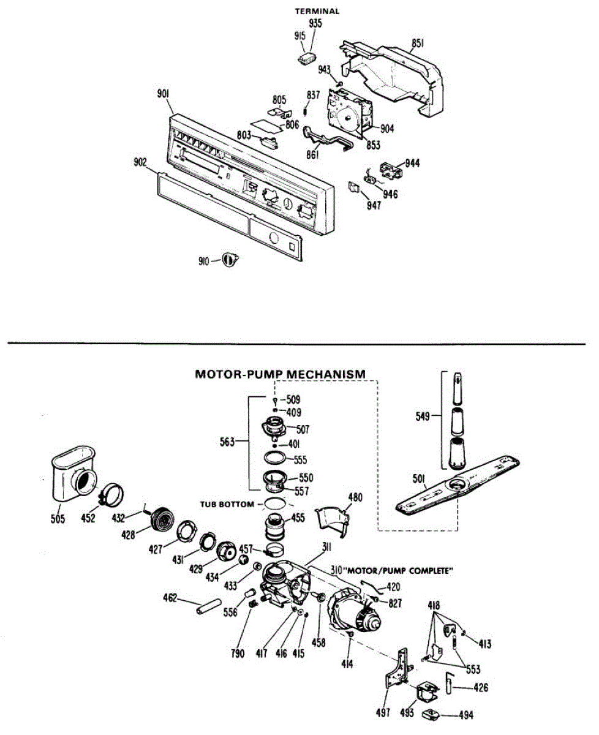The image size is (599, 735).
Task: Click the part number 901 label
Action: (x=163, y=94)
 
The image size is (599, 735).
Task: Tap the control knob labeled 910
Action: (x=230, y=260)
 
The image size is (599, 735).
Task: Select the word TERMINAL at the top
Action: (x=317, y=11)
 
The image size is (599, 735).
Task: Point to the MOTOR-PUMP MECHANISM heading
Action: (x=280, y=374)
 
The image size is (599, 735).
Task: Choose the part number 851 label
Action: (x=418, y=43)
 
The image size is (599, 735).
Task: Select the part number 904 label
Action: (x=386, y=129)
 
